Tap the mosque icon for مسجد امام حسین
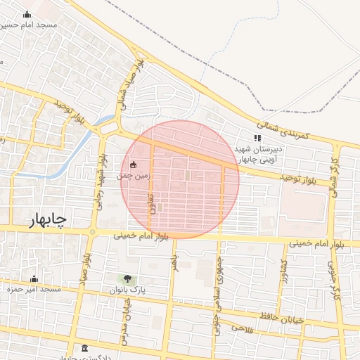point(27,14)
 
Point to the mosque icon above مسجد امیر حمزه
point(34,279)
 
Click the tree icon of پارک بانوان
point(127,279)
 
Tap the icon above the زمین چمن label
point(134,165)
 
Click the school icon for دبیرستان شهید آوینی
point(257,138)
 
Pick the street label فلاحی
point(240,328)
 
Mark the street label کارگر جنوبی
point(330,276)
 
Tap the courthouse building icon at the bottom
point(85,349)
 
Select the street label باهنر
point(173,262)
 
